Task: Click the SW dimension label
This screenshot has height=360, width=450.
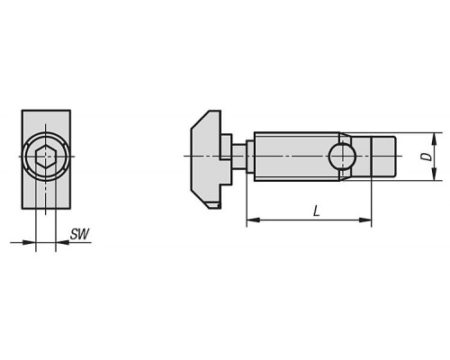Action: tap(79, 234)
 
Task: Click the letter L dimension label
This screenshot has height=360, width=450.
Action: tap(316, 211)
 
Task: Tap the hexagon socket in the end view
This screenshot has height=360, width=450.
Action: tap(45, 157)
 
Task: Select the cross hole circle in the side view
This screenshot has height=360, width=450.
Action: tap(342, 157)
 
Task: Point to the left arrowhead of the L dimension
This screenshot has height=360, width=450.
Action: tap(253, 220)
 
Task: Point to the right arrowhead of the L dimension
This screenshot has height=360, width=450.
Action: tap(365, 220)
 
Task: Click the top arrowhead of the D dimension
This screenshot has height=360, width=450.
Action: tap(434, 139)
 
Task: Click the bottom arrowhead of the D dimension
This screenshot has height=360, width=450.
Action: tap(434, 175)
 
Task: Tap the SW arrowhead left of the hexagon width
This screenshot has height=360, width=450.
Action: tap(30, 242)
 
